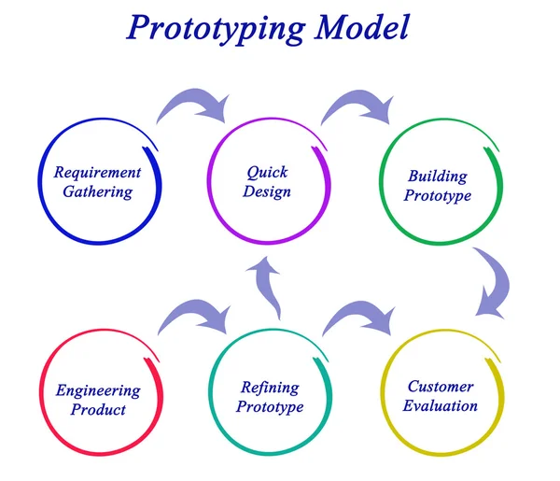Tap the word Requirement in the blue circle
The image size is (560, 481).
click(97, 173)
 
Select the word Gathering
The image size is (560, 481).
click(97, 192)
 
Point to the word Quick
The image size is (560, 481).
click(267, 173)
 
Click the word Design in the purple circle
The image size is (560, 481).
click(267, 192)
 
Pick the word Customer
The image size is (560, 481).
click(441, 387)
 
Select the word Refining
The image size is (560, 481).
click(270, 388)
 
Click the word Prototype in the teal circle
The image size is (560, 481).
click(270, 407)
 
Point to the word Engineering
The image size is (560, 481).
click(97, 390)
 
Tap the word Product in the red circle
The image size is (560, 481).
click(97, 410)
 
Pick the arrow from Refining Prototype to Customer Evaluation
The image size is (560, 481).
click(359, 318)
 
